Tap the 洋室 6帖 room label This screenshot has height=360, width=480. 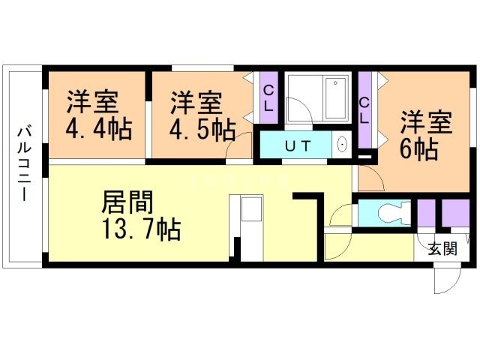point(424,135)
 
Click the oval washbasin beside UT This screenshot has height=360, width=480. point(342,145)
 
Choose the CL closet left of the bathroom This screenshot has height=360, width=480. point(268,97)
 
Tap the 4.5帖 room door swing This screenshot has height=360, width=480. point(238,147)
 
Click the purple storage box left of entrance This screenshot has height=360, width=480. point(426,213)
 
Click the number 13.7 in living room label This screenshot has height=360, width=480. point(129,229)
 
